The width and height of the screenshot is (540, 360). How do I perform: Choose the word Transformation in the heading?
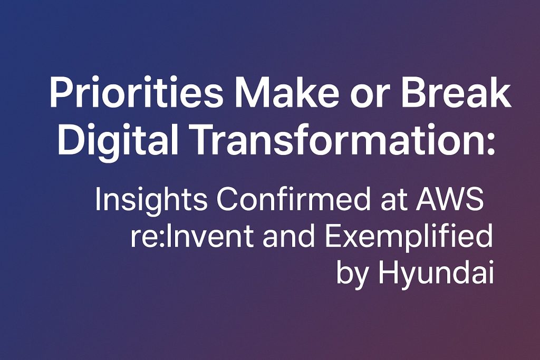329,139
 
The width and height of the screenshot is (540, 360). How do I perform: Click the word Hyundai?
436,275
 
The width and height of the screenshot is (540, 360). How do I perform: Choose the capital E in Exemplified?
333,236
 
